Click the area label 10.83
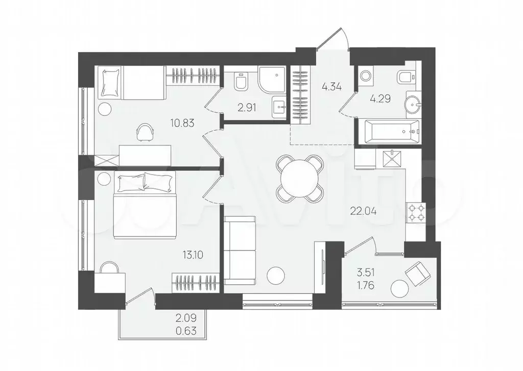pos(182,123)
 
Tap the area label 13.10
pos(193,255)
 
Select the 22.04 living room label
pos(363,211)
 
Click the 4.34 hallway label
pos(332,86)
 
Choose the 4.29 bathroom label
pos(380,98)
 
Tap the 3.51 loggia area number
pos(366,273)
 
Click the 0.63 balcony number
pos(186,331)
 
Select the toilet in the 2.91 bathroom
pos(241,81)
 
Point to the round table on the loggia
pos(399,289)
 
